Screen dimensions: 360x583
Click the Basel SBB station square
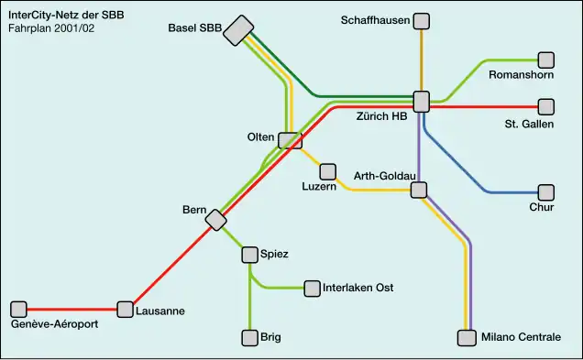pos(239,30)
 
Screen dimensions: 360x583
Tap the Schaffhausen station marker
pos(421,20)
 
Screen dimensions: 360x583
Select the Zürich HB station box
pos(421,102)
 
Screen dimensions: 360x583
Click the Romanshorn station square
pos(546,60)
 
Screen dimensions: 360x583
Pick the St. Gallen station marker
pos(546,107)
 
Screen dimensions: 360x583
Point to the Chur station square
pos(546,192)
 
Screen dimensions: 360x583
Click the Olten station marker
pos(291,140)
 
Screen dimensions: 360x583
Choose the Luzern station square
pos(327,171)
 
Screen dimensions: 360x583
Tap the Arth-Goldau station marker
pos(419,190)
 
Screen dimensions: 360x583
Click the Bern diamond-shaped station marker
pos(216,220)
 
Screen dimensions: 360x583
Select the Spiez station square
pos(249,254)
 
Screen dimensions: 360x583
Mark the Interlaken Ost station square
pos(313,289)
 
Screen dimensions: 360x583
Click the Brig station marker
pos(249,338)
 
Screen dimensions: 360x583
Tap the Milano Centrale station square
pos(467,338)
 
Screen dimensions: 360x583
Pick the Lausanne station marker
pos(125,310)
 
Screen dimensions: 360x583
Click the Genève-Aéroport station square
pos(18,310)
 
